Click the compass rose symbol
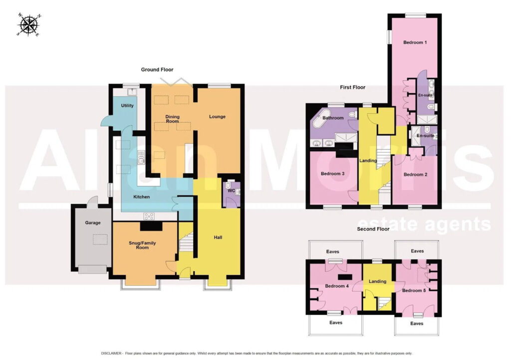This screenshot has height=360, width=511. pos(29,25)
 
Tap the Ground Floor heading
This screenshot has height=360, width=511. pos(157,69)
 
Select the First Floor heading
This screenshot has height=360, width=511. pos(353,87)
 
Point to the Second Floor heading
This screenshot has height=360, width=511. pos(373,229)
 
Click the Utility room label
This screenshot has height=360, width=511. pos(127,106)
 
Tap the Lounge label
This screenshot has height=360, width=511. pos(218,116)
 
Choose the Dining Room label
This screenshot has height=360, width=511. pos(172,119)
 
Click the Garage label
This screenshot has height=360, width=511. pos(93,223)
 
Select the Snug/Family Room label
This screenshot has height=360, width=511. pos(142,245)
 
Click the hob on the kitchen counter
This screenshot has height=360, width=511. pos(149,216)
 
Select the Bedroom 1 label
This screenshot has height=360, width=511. pos(415,42)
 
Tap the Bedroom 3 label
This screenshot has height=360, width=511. pos(332,174)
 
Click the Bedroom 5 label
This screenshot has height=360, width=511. pos(414,291)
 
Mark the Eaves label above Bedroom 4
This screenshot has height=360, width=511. pos(333,252)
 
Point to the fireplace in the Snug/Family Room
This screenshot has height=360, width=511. pos(151,226)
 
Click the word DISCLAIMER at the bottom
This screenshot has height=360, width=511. pos(111,353)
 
